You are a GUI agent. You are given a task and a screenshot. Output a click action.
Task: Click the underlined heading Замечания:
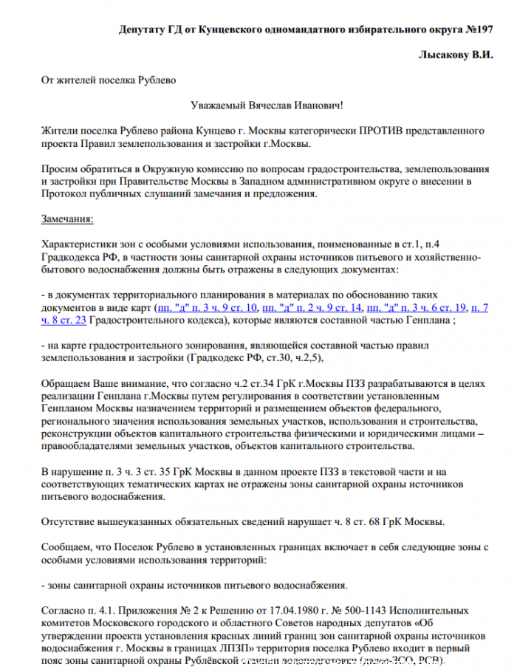(x=67, y=219)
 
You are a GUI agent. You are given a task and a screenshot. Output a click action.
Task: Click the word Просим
(x=58, y=168)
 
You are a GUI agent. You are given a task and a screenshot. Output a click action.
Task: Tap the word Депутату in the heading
(x=143, y=30)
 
